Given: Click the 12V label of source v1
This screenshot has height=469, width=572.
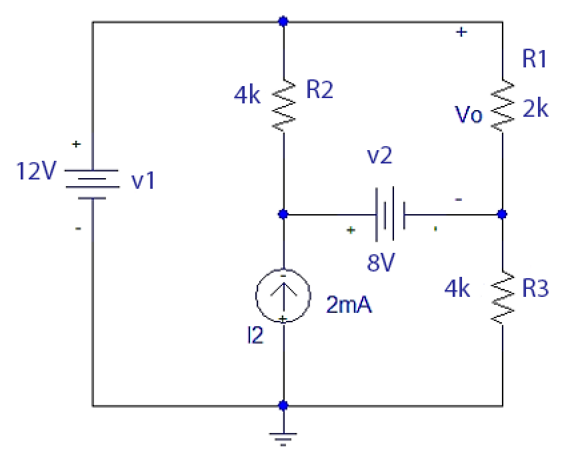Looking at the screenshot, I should (37, 172).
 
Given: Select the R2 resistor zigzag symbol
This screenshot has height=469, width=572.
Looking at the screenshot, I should (285, 105).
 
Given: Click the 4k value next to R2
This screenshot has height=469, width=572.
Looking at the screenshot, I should (248, 95).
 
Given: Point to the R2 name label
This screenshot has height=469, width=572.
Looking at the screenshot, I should (319, 91).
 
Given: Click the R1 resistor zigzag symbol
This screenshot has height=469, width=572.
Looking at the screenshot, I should (503, 105).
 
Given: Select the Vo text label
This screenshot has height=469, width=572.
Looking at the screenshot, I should (469, 115).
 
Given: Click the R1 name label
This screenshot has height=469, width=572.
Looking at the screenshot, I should (535, 60).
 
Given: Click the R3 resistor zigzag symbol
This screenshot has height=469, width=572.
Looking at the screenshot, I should (503, 298).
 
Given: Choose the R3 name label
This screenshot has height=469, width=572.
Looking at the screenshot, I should (535, 289).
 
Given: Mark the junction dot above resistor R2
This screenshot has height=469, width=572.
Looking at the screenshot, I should (284, 21).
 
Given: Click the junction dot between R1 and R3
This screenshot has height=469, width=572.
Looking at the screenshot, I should (503, 215).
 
